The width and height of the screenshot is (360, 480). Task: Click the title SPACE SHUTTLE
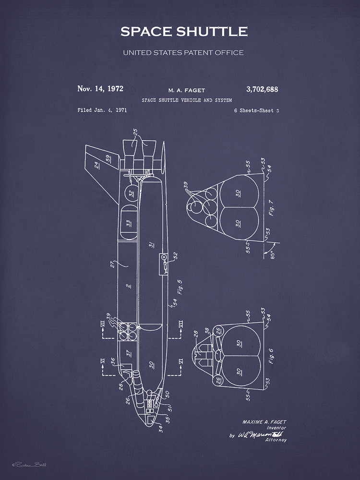tap(184, 32)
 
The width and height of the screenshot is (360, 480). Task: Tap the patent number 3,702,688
tap(262, 89)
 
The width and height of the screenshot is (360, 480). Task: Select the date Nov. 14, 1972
tap(100, 88)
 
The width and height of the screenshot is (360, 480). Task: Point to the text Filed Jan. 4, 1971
tap(102, 110)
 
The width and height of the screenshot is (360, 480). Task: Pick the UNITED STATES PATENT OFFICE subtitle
tap(183, 52)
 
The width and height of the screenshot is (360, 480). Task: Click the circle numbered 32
tap(130, 193)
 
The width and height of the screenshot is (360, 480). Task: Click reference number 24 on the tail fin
tap(97, 166)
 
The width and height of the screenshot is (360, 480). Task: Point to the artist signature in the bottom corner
tap(33, 465)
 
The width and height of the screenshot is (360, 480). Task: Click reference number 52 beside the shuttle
tap(175, 255)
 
